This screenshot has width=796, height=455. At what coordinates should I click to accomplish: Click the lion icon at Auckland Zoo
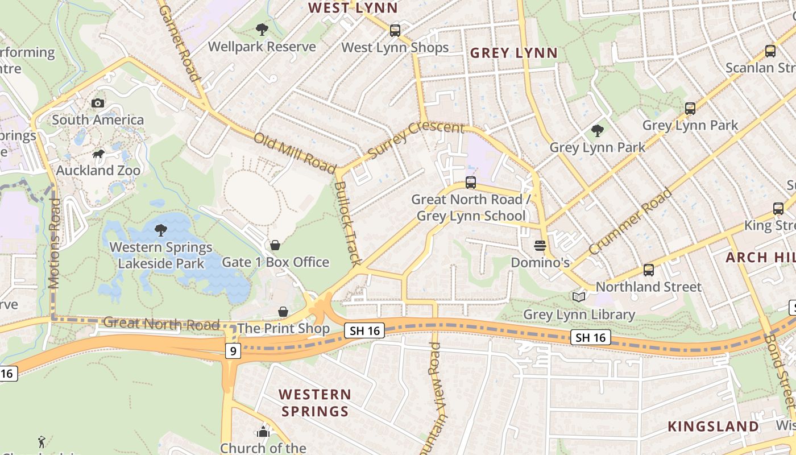98,154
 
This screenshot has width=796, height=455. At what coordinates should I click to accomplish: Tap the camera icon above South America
98,103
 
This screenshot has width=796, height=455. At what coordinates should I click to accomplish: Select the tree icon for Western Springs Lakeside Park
161,230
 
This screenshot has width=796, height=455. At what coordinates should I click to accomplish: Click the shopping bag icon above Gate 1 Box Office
275,245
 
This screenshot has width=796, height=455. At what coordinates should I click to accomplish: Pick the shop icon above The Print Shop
283,312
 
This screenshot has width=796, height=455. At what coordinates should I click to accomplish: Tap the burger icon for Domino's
540,246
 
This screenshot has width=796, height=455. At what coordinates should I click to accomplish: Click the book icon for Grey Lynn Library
579,297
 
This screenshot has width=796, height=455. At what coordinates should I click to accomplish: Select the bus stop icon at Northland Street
649,270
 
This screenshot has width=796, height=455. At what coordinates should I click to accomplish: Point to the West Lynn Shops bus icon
395,31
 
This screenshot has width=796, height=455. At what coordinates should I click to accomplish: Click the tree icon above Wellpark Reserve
262,30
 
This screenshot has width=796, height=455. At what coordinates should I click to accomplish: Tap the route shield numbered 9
232,351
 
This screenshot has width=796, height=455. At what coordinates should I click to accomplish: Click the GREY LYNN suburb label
514,53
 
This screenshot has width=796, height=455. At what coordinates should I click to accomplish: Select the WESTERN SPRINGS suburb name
314,403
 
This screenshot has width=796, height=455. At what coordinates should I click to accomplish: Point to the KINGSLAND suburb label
713,426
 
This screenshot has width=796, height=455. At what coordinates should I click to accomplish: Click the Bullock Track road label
348,224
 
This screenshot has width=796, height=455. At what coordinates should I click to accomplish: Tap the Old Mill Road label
295,152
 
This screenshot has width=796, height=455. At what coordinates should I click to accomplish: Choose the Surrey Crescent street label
416,139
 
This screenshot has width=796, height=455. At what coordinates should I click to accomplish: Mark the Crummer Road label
630,222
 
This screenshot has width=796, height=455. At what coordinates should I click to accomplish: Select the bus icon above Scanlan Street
770,51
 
